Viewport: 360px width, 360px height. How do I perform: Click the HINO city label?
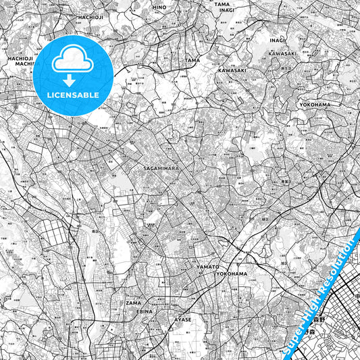(159, 7)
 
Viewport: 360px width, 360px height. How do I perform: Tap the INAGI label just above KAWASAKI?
(278, 40)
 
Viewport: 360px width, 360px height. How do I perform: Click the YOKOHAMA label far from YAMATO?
(315, 105)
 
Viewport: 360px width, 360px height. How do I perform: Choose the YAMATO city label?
(207, 267)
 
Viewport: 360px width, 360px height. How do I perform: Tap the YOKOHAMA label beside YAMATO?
(231, 274)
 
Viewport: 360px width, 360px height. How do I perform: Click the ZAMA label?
(133, 303)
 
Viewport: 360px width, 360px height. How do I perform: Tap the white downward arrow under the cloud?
(72, 80)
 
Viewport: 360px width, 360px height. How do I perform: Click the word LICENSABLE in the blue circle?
(72, 95)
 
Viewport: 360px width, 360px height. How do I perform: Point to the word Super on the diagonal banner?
(296, 335)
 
